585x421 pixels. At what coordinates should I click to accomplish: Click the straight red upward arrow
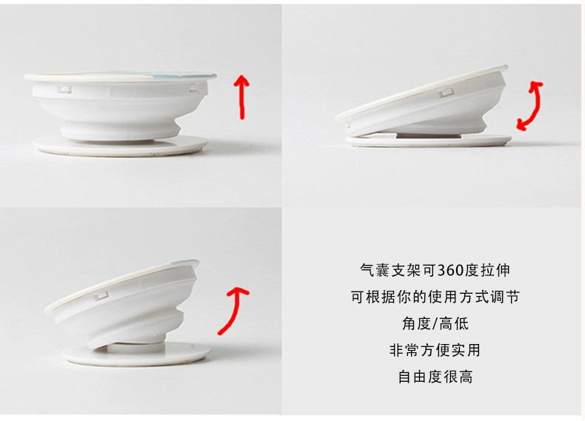coord(242,97)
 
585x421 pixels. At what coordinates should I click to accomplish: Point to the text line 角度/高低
coord(435,323)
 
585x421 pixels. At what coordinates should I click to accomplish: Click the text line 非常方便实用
coord(435,350)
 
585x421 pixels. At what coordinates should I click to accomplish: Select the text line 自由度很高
coord(435,377)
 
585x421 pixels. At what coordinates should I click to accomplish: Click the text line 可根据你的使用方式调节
coord(435,297)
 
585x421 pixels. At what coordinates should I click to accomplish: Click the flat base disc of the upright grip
coord(119,146)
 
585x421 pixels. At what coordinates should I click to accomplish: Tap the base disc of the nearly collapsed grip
coord(429,141)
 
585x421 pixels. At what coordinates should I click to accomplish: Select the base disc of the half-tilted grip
coord(136,354)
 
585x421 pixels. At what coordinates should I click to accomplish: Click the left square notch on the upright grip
coord(66,90)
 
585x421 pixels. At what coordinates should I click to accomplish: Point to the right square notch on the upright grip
coord(193,88)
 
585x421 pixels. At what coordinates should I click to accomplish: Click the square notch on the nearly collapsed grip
coord(446,92)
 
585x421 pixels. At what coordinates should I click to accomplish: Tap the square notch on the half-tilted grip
coord(101,297)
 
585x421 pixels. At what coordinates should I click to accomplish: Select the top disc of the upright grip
coord(120,76)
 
